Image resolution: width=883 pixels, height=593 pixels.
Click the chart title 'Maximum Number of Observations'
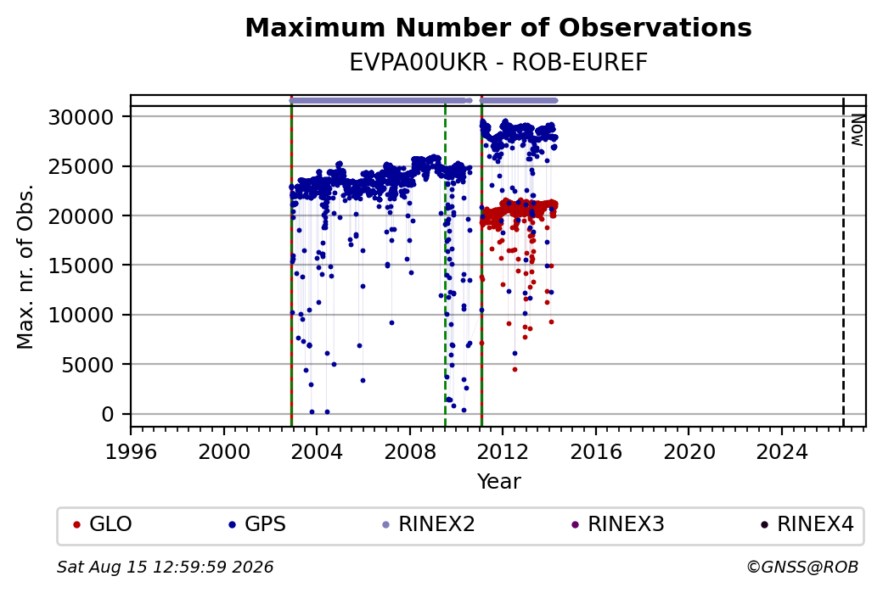498,27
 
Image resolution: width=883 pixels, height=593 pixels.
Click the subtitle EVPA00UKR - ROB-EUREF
498,63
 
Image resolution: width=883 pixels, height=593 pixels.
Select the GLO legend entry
103,524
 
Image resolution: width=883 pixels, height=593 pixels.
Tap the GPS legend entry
256,524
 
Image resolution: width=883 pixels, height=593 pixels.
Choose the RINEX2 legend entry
429,524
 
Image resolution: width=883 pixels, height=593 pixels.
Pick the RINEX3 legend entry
618,524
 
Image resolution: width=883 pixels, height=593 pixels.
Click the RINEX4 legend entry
807,524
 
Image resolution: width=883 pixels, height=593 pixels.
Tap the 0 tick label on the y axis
108,415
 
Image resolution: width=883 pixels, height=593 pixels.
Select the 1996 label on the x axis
131,452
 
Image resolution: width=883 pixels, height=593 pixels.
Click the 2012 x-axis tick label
503,452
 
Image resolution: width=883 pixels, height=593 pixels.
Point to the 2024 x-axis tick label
782,452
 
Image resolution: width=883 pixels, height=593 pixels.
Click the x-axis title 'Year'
499,482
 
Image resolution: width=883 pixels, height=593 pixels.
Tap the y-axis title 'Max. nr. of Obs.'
25,266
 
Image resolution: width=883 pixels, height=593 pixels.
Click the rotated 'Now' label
857,130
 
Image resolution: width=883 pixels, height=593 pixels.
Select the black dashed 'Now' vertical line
843,261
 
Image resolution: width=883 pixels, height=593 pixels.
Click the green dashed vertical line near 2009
446,265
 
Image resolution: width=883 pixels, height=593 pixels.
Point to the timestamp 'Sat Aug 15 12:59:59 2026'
165,567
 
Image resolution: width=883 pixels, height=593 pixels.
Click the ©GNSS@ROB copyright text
802,567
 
